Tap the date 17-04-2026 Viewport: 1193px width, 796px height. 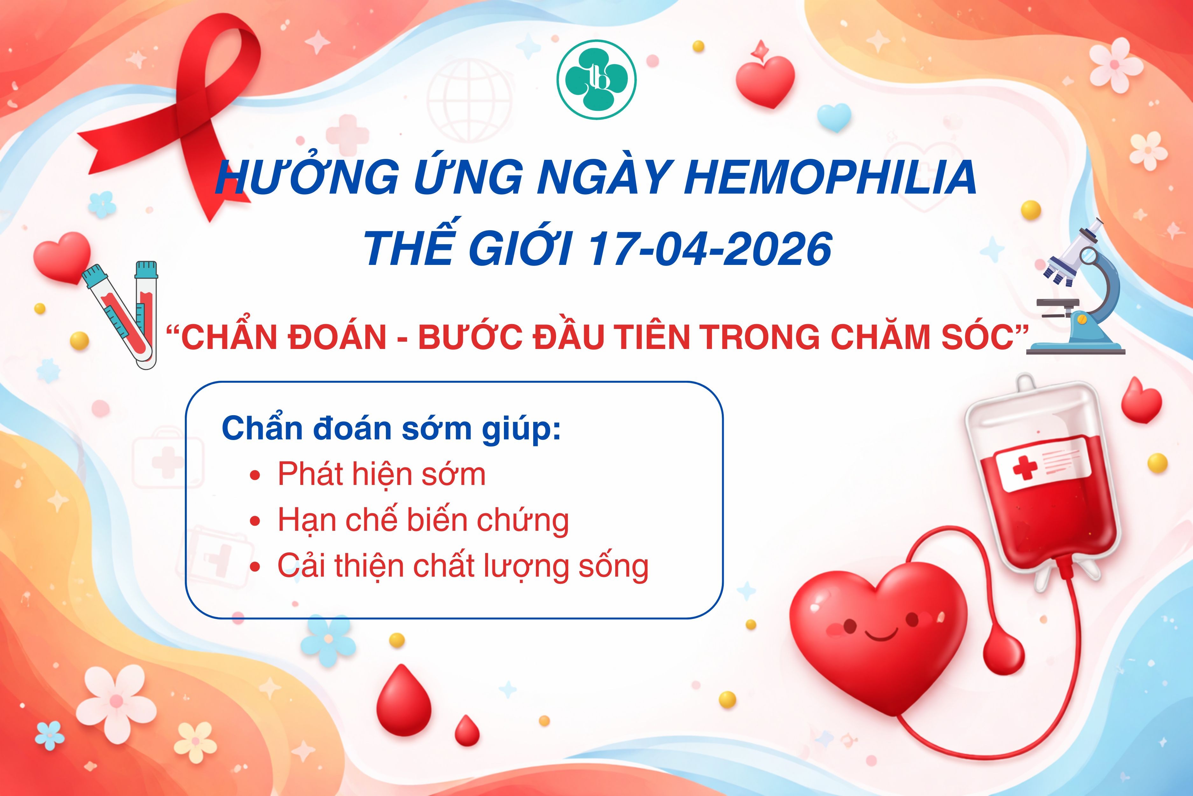[710, 249]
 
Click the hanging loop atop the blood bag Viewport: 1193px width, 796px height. [1025, 386]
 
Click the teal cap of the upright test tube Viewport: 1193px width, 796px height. [146, 269]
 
